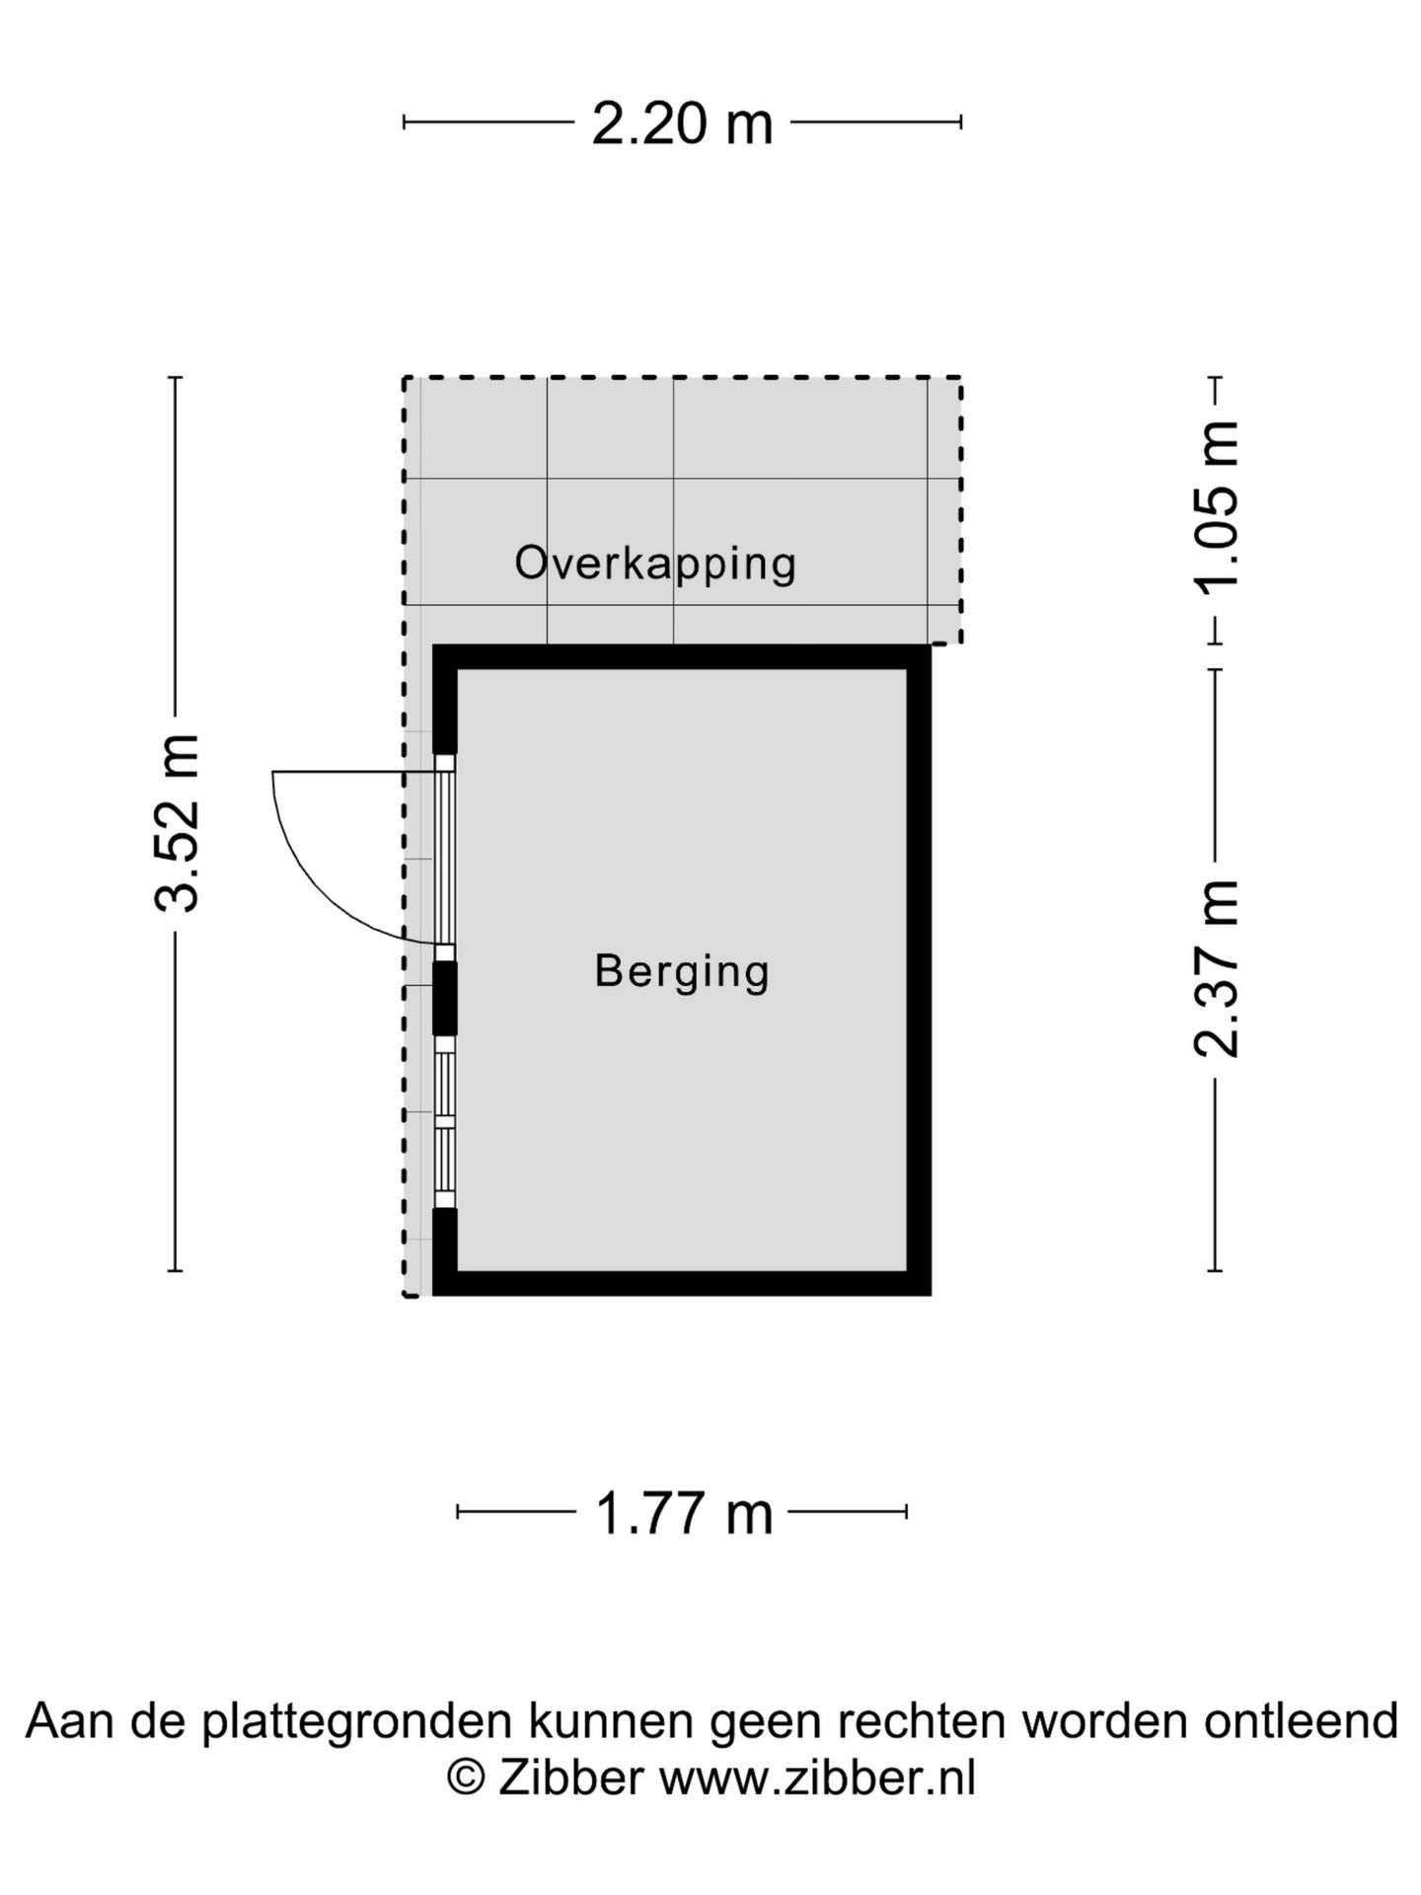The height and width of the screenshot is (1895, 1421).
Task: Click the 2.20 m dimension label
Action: click(682, 124)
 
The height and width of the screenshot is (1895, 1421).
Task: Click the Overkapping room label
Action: click(655, 564)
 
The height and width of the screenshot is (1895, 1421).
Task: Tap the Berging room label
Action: click(682, 972)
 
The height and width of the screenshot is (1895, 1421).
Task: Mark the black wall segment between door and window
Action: click(446, 998)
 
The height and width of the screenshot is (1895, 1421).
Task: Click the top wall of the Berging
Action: click(682, 656)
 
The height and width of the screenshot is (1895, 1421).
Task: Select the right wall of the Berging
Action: click(920, 969)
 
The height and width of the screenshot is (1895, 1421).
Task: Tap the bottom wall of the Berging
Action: click(682, 1283)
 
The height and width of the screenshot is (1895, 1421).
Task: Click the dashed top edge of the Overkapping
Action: click(682, 377)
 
